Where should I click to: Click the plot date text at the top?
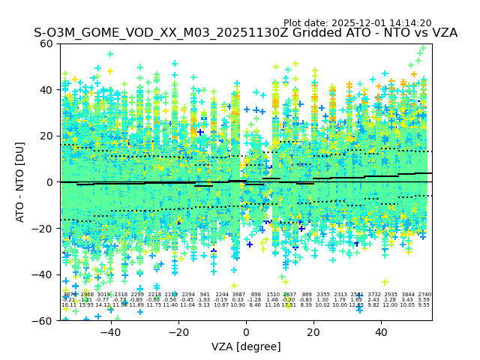357,23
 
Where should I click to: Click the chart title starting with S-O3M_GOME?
245,34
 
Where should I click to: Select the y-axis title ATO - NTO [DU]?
20,181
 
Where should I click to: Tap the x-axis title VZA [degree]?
246,346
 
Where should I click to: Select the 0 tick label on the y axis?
50,182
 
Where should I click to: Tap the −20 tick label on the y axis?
44,228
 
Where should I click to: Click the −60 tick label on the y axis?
44,320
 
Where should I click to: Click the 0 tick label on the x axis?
246,331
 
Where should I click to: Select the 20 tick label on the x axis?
313,331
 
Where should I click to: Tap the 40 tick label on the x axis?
381,331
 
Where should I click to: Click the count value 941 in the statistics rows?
205,295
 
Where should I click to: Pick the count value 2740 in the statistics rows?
424,295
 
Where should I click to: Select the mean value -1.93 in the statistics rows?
204,300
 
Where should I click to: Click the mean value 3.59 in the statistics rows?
424,300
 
